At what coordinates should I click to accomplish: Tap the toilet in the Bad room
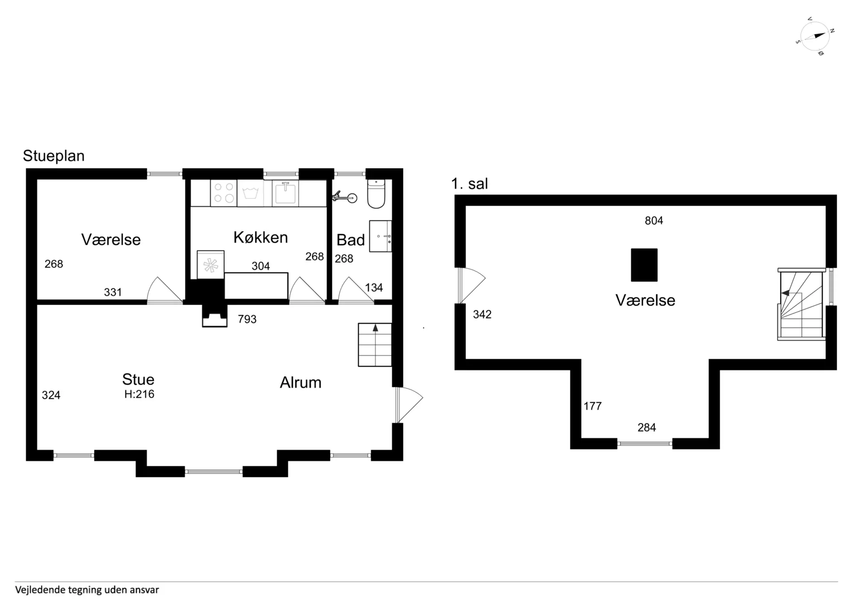[376, 194]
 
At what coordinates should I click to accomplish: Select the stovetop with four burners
[224, 193]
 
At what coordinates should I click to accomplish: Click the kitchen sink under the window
[285, 193]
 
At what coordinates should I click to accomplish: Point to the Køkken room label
[261, 237]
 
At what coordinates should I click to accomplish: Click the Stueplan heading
[54, 156]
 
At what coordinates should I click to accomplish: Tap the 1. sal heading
[469, 184]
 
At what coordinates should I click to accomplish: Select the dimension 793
[247, 319]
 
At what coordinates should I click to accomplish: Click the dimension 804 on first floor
[654, 220]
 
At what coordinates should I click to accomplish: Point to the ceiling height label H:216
[139, 394]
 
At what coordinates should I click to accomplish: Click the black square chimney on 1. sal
[644, 265]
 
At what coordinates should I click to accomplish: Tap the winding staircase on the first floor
[802, 305]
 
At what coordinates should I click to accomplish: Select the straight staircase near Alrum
[375, 345]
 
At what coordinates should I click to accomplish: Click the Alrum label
[301, 383]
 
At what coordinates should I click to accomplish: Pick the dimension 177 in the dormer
[593, 406]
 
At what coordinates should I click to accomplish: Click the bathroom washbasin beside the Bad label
[380, 236]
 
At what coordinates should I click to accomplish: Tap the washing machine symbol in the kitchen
[250, 193]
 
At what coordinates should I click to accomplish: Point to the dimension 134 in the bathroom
[374, 288]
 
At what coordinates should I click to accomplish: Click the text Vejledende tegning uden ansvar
[87, 590]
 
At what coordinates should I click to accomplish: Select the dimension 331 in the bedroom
[113, 292]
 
